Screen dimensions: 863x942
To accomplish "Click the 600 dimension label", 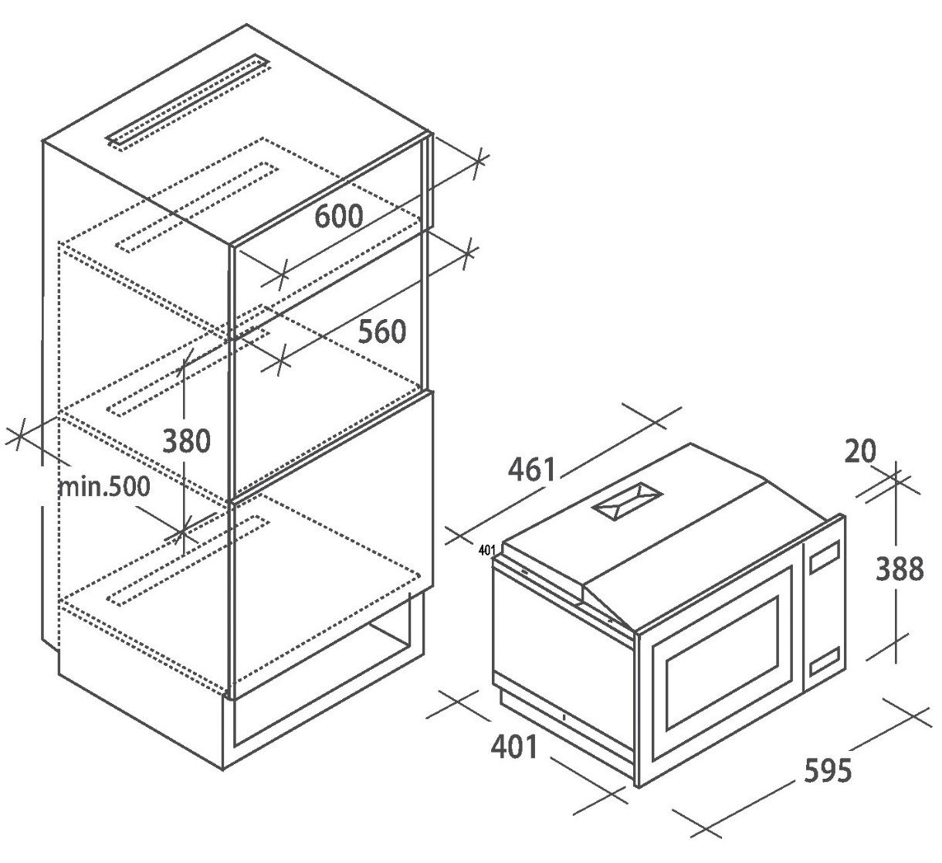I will pyautogui.click(x=338, y=216).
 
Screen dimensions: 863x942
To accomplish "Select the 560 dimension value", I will pyautogui.click(x=381, y=331).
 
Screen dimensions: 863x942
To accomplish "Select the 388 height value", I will pyautogui.click(x=899, y=569).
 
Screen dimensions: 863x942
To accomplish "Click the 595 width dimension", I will pyautogui.click(x=828, y=770).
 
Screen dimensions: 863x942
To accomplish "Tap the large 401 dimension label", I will pyautogui.click(x=513, y=747).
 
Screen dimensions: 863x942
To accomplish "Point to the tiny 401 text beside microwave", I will pyautogui.click(x=486, y=550).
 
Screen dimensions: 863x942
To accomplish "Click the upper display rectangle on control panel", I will pyautogui.click(x=825, y=559).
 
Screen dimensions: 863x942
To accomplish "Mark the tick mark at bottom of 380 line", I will pyautogui.click(x=182, y=532).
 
